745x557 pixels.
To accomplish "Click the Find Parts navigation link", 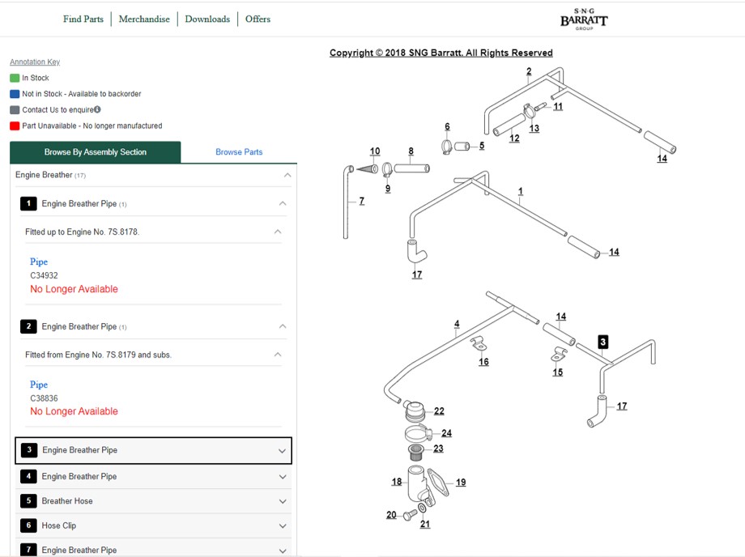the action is coord(83,19).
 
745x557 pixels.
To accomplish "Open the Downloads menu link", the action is coord(207,19).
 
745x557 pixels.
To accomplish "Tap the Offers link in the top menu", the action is coord(258,19).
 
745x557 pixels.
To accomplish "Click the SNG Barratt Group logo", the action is coord(584,19).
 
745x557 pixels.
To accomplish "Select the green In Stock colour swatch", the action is coord(15,78).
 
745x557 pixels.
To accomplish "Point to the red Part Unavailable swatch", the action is coord(15,125).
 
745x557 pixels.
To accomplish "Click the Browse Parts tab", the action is coord(239,152).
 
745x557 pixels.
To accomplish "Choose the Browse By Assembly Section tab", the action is coord(95,152).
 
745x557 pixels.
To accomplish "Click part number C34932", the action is coord(45,275).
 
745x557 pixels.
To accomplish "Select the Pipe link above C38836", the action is coord(39,385).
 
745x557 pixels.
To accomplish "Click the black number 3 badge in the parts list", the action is coord(29,449).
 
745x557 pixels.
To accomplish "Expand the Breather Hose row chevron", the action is coord(283,501).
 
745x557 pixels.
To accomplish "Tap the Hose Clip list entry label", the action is coord(59,525).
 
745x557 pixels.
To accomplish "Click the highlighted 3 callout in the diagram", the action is coord(603,342).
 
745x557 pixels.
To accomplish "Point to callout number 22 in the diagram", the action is coord(439,410).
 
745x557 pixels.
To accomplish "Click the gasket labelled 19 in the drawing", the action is coord(438,481).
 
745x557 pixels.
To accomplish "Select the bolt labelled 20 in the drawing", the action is coord(410,515).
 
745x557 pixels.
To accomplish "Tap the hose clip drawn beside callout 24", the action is coord(418,434).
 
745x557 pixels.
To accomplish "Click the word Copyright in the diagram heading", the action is coord(351,53).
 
